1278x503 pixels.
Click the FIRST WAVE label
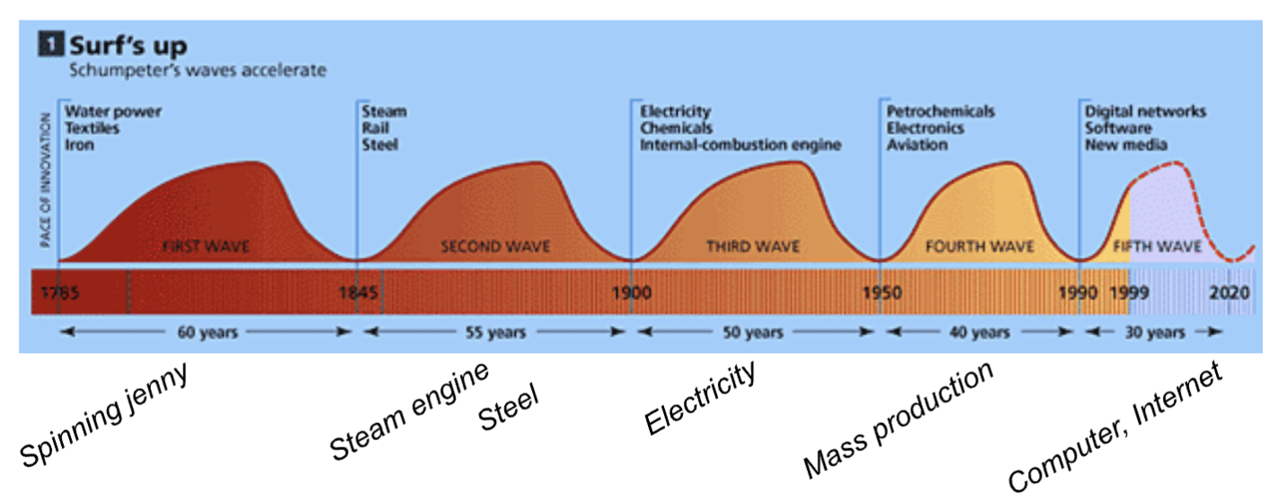205,246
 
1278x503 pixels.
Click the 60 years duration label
205,332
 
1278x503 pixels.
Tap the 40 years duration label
979,332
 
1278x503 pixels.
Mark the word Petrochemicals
940,112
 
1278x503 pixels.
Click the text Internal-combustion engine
741,145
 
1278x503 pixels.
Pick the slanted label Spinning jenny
104,415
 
